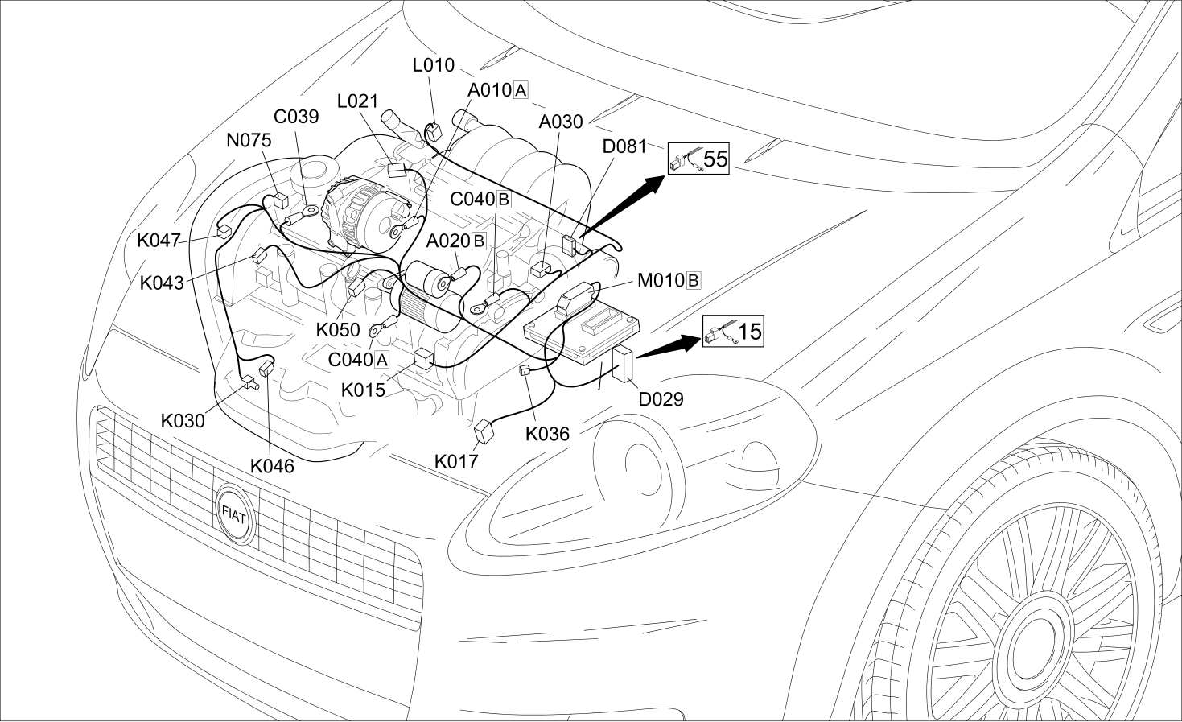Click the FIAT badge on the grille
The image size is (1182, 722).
pos(235,514)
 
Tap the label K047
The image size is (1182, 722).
pos(159,241)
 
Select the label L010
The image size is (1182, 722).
pos(433,65)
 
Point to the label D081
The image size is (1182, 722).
pos(624,146)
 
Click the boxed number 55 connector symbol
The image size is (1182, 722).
pos(698,159)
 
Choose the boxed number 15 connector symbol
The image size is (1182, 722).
pos(733,331)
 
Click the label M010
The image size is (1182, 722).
pos(661,280)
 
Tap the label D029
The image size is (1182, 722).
pos(661,399)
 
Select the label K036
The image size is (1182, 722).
pos(547,434)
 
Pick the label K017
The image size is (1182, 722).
pos(456,461)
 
